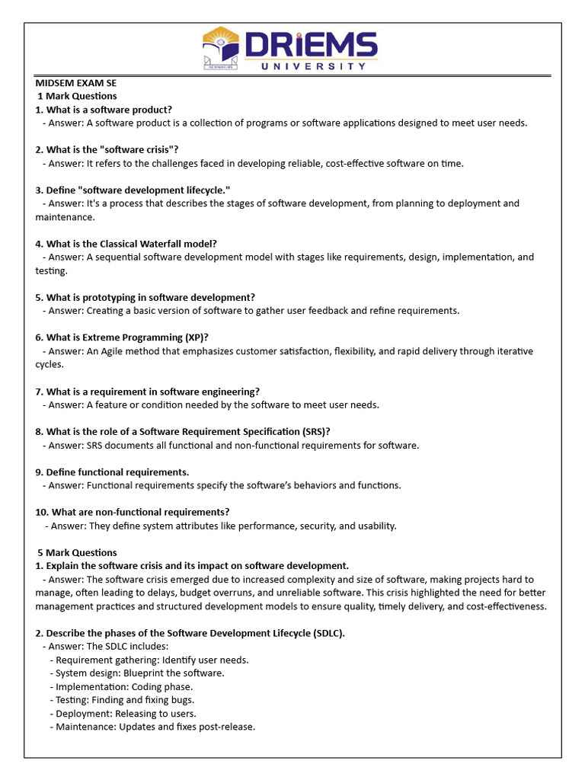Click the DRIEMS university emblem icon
[221, 49]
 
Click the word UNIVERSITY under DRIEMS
[313, 66]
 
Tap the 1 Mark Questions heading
[77, 96]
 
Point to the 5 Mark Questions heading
[77, 552]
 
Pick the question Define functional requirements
[112, 472]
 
